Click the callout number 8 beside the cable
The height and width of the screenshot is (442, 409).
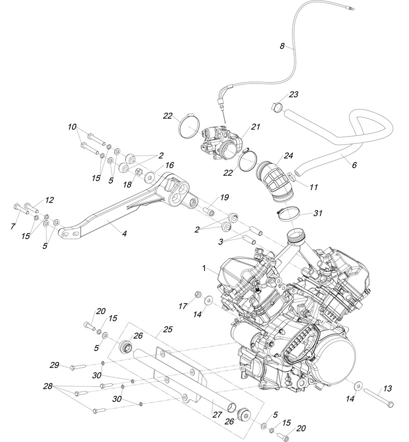(282, 46)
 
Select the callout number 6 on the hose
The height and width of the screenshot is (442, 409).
(354, 164)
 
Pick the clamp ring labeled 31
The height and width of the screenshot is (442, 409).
(287, 214)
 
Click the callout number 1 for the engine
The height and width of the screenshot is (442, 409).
(204, 268)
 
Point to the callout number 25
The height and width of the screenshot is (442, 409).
(167, 330)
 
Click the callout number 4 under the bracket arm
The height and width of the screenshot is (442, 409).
(124, 233)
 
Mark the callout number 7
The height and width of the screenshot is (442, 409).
(13, 226)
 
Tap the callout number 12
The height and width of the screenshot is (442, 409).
(49, 200)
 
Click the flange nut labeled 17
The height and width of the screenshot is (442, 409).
(196, 293)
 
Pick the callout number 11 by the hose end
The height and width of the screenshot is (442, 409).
(313, 187)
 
